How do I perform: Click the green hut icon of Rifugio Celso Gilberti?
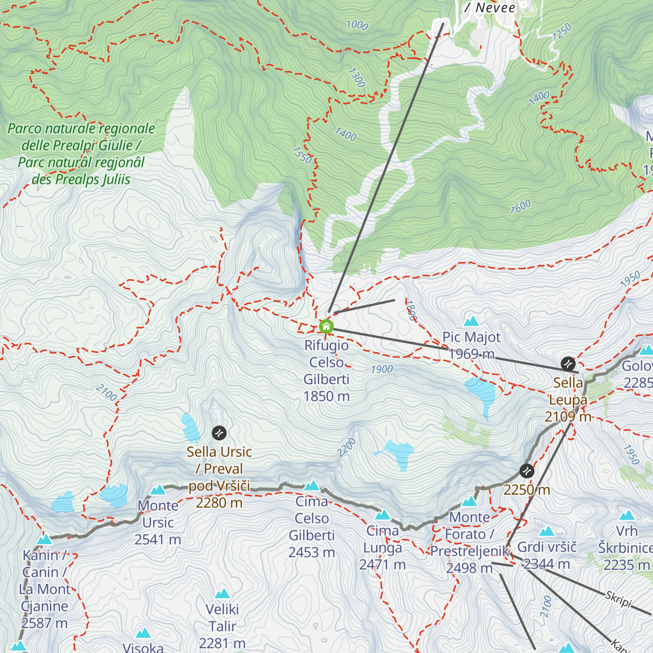coord(326,326)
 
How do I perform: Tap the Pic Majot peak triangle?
coord(471,321)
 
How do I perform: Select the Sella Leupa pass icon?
coord(568,364)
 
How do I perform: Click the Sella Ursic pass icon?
coord(219,433)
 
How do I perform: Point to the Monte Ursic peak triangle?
coord(158,490)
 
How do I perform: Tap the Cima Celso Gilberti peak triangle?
coord(312,485)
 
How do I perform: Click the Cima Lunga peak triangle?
coord(383,515)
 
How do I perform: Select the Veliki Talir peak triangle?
coord(222,594)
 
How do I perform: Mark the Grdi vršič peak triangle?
coord(547,532)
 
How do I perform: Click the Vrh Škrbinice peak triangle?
coord(627,515)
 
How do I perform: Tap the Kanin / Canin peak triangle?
coord(45,540)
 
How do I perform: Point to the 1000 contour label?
coord(357,25)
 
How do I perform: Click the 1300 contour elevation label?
coord(356,78)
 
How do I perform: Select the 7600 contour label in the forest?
coord(520,207)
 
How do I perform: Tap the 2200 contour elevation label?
coord(347,447)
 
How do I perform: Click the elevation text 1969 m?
coord(471,354)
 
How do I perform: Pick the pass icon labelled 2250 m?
coord(526,470)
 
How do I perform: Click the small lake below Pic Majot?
coord(480,392)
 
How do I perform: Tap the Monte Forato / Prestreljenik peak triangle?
coord(470,502)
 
